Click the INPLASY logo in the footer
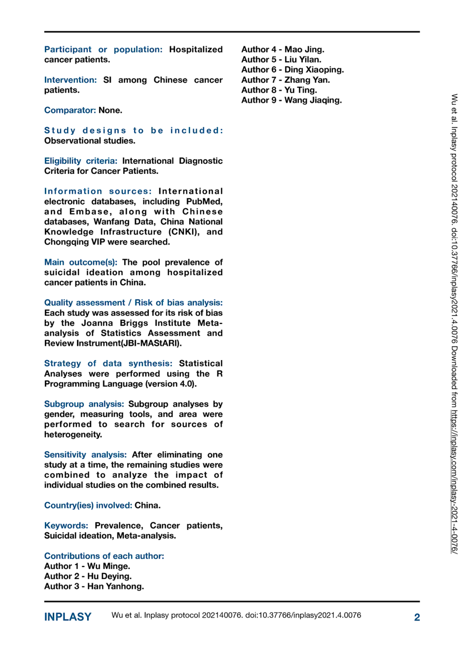click(x=68, y=617)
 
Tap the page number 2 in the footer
click(x=417, y=617)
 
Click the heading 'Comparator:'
click(x=70, y=110)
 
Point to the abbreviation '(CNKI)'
click(x=184, y=232)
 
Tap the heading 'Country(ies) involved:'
click(x=88, y=505)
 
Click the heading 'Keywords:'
click(x=66, y=525)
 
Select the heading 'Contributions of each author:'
click(x=104, y=556)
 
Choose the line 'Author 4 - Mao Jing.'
click(x=283, y=50)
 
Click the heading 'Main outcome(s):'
click(x=81, y=262)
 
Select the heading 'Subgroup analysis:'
click(x=84, y=404)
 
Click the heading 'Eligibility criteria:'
click(x=81, y=161)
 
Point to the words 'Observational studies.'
click(x=90, y=141)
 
